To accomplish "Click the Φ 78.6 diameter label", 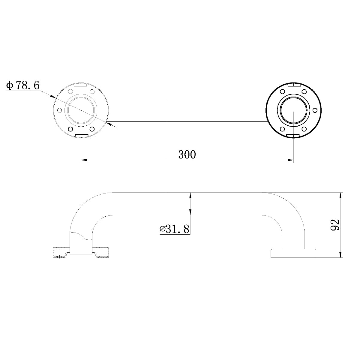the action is pyautogui.click(x=23, y=85).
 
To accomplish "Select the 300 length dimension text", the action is pyautogui.click(x=187, y=154).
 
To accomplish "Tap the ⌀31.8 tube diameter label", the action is pyautogui.click(x=174, y=229).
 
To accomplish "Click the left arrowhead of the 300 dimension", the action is pyautogui.click(x=84, y=160).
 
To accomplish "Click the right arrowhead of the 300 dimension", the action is pyautogui.click(x=290, y=160).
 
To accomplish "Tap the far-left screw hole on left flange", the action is pyautogui.click(x=60, y=110).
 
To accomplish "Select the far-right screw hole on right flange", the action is pyautogui.click(x=315, y=110).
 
